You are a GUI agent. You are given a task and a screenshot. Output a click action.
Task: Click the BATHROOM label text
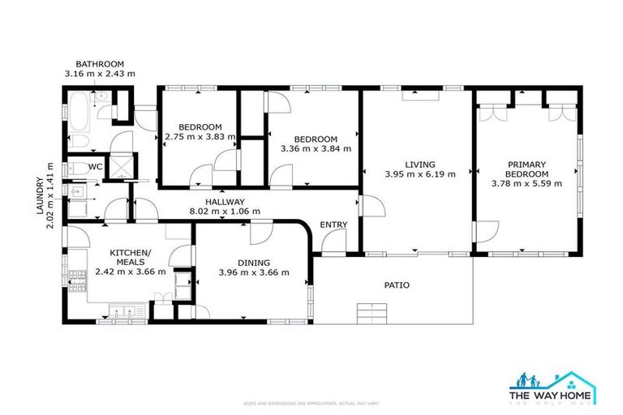[100, 64]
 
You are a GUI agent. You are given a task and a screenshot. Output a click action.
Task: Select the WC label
[95, 166]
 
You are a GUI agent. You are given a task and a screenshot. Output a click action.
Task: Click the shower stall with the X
[122, 166]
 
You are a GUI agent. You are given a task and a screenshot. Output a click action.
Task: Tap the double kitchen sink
[123, 310]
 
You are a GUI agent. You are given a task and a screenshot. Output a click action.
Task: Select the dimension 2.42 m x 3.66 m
[131, 272]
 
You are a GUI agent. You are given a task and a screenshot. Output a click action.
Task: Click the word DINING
[254, 262]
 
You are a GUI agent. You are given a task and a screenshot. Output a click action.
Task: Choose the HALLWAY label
[225, 202]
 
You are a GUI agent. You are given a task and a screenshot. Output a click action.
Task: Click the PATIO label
[397, 285]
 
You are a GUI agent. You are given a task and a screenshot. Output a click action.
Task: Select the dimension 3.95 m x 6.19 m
[419, 173]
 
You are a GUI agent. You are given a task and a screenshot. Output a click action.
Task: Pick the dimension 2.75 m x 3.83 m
[200, 137]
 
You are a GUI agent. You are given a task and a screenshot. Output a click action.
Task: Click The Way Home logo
[552, 387]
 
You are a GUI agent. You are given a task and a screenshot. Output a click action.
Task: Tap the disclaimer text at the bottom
[311, 403]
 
